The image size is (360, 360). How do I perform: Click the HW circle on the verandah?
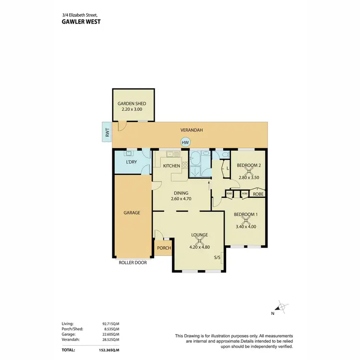[x=185, y=142]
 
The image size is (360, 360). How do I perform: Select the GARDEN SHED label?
[x=132, y=104]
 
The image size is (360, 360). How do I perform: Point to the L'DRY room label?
[x=132, y=162]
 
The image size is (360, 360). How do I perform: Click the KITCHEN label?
[x=171, y=166]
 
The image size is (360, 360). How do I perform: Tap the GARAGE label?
[x=132, y=212]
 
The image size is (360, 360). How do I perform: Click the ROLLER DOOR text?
[x=133, y=263]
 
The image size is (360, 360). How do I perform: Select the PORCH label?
[x=164, y=248]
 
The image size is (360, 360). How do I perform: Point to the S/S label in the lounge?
[x=217, y=258]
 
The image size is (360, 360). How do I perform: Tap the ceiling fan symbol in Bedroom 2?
[x=248, y=171]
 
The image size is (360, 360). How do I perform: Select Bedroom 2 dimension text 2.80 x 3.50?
[x=248, y=178]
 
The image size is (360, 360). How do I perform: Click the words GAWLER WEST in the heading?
[x=81, y=21]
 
